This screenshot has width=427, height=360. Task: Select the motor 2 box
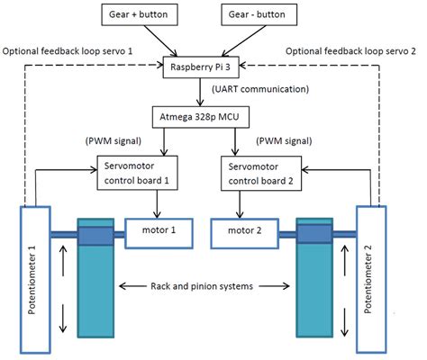point(244,234)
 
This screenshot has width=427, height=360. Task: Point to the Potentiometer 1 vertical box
point(35,282)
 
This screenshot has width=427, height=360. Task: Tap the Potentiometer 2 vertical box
point(377,282)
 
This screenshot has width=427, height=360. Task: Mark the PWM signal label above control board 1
point(114,141)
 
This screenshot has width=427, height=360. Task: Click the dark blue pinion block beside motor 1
point(95,235)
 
